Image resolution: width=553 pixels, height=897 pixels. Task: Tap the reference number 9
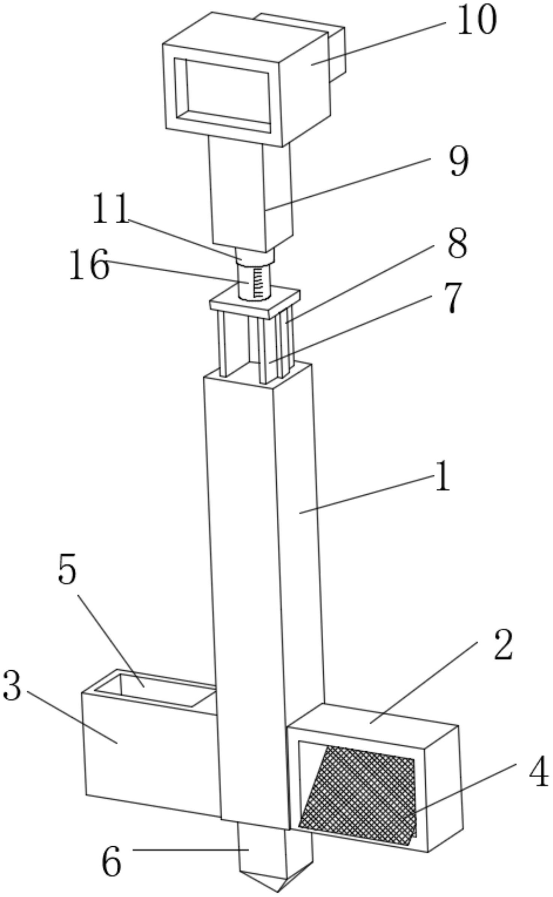[x=459, y=161]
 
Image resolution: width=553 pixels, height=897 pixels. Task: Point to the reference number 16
[x=89, y=265]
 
